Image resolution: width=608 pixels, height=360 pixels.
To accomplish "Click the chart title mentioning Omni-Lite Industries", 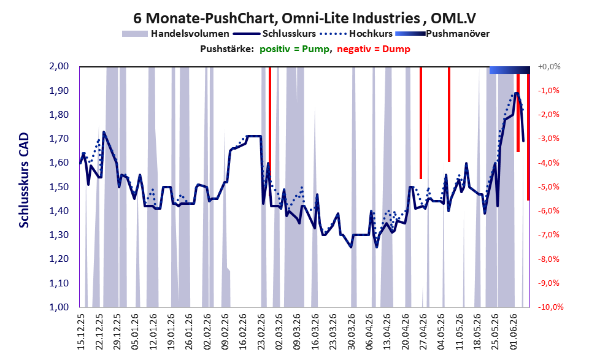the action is (304, 18).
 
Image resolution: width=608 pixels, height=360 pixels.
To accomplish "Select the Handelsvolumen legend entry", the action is (175, 34).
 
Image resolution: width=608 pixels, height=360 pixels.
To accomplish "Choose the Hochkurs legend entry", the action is (356, 34).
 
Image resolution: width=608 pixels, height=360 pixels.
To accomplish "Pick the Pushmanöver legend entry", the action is (442, 34).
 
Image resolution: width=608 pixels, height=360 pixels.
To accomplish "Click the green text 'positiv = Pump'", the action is (294, 49).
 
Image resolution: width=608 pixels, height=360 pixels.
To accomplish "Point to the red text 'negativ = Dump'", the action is (374, 49).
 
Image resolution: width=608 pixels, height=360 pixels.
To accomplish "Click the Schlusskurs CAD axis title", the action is (24, 180).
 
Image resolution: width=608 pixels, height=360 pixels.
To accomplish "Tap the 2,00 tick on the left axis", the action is (59, 66).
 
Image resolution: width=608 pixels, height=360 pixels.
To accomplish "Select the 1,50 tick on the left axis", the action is (59, 187).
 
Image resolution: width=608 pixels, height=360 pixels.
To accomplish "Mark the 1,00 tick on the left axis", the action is (59, 307).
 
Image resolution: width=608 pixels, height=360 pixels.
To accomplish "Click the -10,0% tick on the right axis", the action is (550, 307).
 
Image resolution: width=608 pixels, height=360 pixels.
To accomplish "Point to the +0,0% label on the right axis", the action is (549, 67).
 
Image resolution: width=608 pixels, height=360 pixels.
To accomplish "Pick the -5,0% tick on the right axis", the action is (548, 187).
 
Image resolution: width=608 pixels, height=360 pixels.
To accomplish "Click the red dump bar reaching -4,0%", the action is (449, 114).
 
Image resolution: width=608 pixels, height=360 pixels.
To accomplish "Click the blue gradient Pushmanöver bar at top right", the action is (509, 70).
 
